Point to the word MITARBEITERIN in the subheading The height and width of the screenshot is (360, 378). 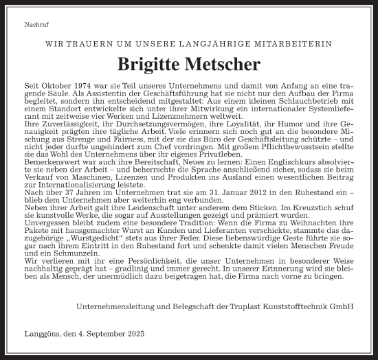pyautogui.click(x=299, y=43)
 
